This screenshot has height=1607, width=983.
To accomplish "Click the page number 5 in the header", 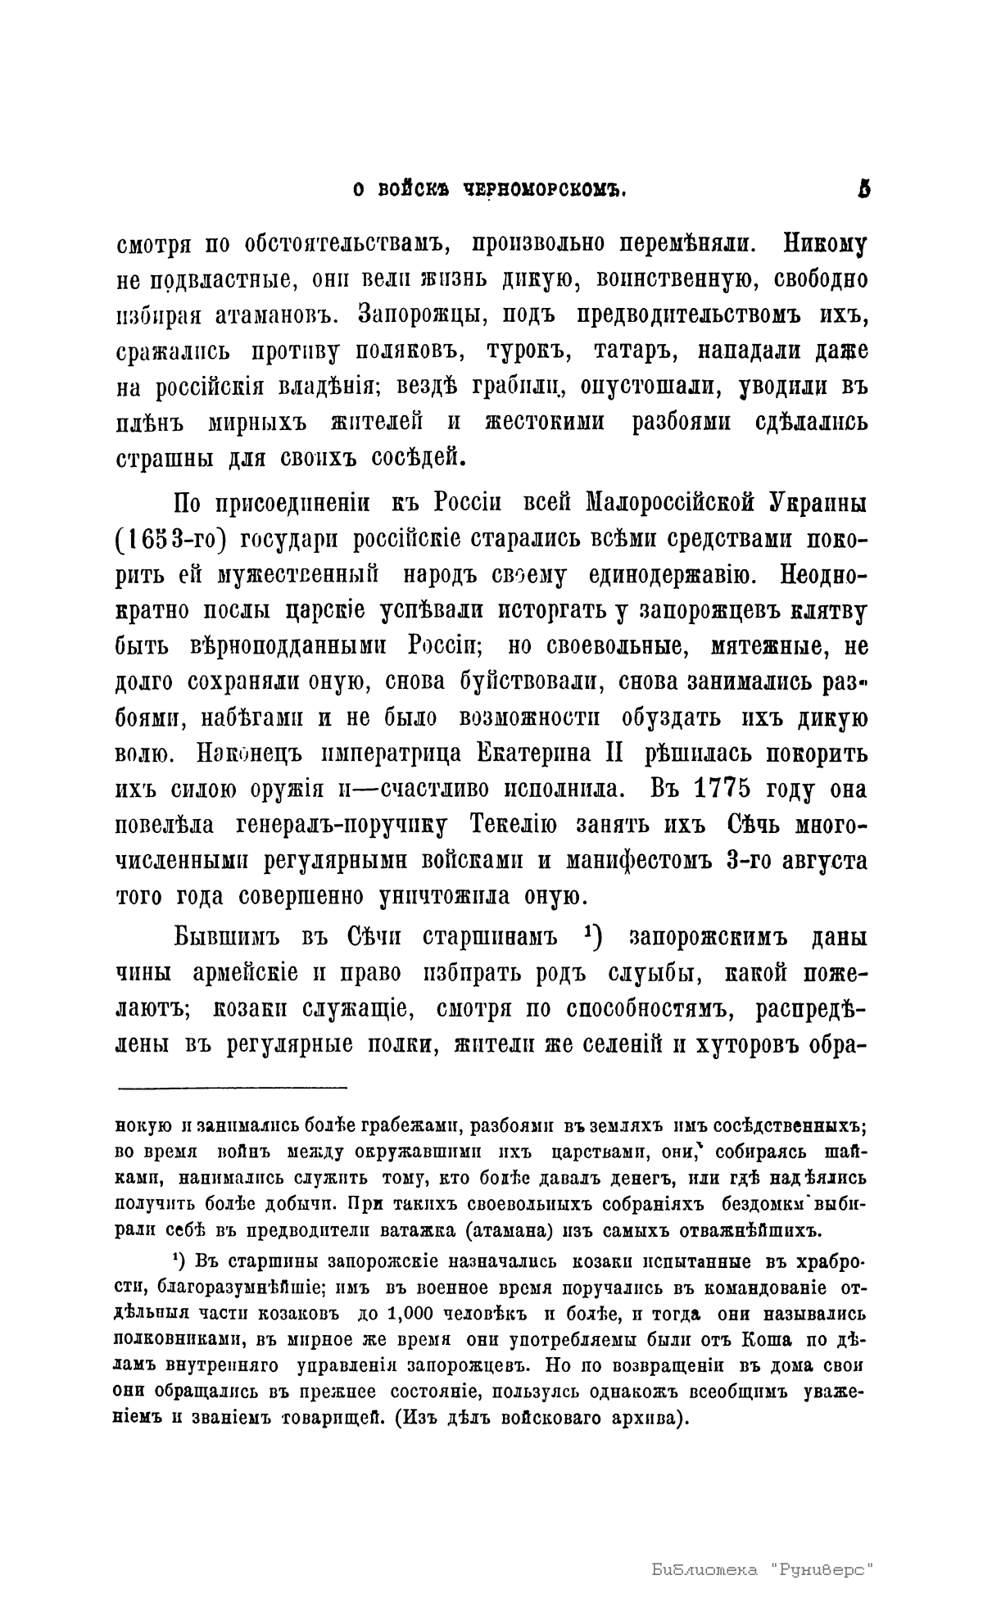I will [863, 189].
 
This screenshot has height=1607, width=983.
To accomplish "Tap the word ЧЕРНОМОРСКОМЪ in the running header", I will [545, 190].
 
